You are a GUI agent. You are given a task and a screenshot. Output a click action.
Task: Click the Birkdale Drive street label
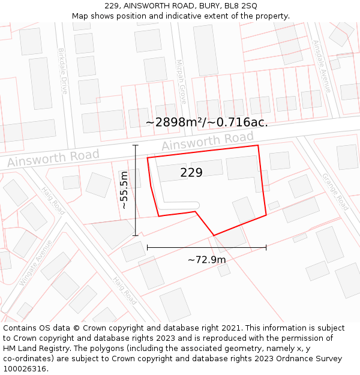(x=62, y=71)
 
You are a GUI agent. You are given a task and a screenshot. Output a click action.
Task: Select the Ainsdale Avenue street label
(x=322, y=66)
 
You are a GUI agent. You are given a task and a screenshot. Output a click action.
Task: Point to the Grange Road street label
(x=335, y=191)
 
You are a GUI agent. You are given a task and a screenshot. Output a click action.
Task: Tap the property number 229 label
(x=191, y=173)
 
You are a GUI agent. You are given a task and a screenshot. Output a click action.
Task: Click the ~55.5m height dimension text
(x=124, y=190)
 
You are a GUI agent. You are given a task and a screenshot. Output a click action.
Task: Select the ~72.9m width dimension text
(x=206, y=260)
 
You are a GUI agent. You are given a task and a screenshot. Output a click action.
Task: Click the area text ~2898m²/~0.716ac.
(x=206, y=122)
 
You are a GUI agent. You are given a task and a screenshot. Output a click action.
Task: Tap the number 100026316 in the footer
(x=26, y=369)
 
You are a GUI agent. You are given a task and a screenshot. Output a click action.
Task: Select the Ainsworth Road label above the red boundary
(x=208, y=142)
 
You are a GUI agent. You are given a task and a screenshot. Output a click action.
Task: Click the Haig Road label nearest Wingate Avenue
(x=53, y=200)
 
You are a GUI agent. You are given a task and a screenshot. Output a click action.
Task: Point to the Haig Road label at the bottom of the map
(x=125, y=289)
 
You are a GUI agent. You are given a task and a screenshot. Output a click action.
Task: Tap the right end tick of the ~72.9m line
(x=266, y=247)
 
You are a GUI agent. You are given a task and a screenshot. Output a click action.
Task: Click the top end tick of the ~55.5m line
(x=136, y=145)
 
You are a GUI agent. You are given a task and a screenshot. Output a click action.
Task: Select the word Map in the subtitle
(x=81, y=16)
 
